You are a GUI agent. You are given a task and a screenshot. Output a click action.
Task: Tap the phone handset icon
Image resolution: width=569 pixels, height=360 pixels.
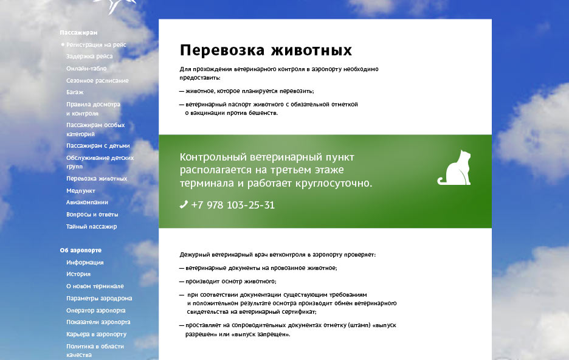184,205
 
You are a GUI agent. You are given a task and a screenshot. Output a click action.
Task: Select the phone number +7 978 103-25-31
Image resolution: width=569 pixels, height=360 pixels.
233,205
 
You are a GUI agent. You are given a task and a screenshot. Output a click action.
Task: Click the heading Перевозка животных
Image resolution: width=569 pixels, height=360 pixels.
266,50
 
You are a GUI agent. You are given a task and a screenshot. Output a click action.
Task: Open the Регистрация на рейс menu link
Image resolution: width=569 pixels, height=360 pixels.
96,44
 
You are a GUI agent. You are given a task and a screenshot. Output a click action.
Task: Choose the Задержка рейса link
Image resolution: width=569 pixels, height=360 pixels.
89,56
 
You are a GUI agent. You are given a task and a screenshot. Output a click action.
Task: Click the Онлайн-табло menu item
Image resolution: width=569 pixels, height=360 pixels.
86,68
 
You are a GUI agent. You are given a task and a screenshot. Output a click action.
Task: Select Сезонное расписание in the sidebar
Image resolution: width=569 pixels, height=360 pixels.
97,80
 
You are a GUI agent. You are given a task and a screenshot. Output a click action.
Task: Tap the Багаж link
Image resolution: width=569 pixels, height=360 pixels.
75,92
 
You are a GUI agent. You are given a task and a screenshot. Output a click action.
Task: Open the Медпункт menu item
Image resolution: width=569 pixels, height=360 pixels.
81,190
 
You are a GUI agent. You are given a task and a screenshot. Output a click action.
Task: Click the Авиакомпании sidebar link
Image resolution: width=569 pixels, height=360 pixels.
87,202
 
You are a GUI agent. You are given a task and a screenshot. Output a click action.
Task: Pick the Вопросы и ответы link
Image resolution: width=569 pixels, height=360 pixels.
92,215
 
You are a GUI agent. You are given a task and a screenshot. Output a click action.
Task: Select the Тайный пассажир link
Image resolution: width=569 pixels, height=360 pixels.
91,226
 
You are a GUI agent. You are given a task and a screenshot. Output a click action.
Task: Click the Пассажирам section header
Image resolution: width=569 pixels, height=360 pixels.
78,33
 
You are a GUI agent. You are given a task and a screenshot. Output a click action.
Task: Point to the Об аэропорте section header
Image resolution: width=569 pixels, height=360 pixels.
81,250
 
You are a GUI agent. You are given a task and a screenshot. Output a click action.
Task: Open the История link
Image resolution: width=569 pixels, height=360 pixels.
78,274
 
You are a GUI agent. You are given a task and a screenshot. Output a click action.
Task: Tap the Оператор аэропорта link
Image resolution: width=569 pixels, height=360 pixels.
96,311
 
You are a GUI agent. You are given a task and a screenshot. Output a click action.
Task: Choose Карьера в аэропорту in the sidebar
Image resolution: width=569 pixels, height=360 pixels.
96,334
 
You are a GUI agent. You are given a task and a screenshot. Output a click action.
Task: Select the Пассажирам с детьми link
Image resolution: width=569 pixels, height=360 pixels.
98,145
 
